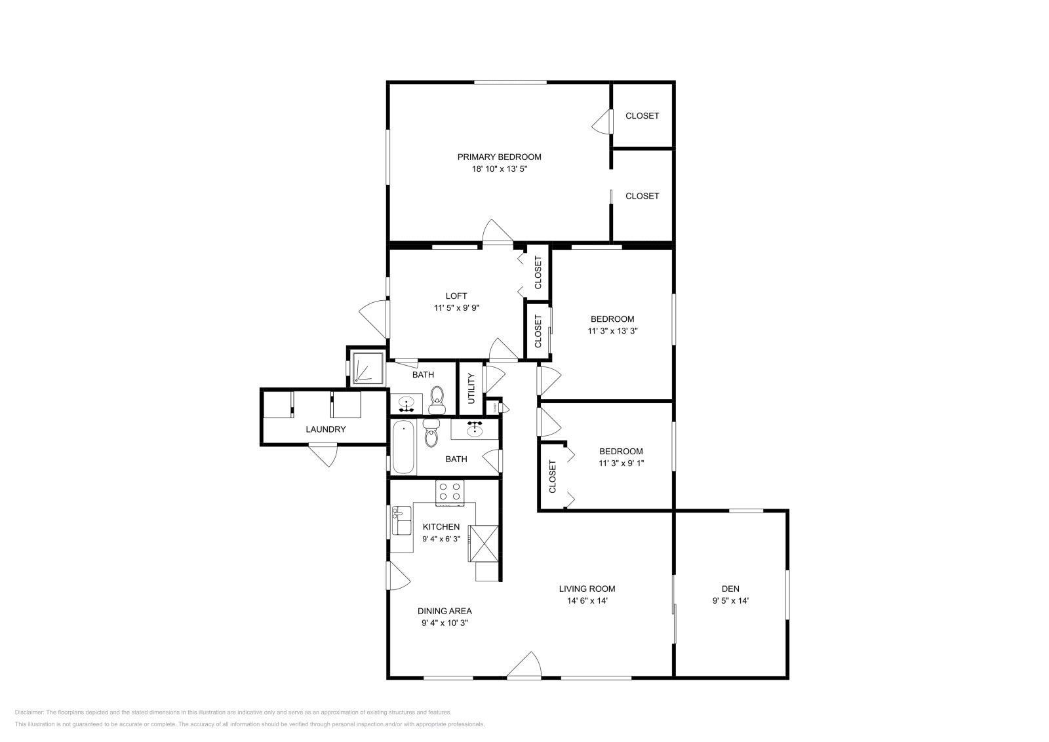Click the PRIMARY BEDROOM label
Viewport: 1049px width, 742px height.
(499, 157)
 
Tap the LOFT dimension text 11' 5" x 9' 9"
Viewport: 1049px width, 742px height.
(456, 307)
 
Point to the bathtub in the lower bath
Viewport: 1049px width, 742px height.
(404, 448)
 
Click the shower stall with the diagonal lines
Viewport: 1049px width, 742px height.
(368, 367)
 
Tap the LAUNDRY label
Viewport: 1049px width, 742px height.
(325, 429)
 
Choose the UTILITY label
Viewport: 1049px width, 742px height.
(471, 388)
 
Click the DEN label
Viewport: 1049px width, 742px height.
(730, 589)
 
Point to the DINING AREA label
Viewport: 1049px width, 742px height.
(445, 611)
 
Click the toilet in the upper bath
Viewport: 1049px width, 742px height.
(437, 397)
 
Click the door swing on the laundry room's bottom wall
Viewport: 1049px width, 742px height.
(323, 454)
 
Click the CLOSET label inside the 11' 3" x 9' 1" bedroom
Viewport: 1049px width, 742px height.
(552, 477)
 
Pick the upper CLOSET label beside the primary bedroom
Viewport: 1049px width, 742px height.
(642, 116)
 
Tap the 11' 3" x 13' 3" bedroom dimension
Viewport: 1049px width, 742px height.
(612, 331)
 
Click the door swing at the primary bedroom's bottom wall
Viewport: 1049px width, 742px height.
(496, 231)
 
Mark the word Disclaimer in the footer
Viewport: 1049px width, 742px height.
(29, 712)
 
